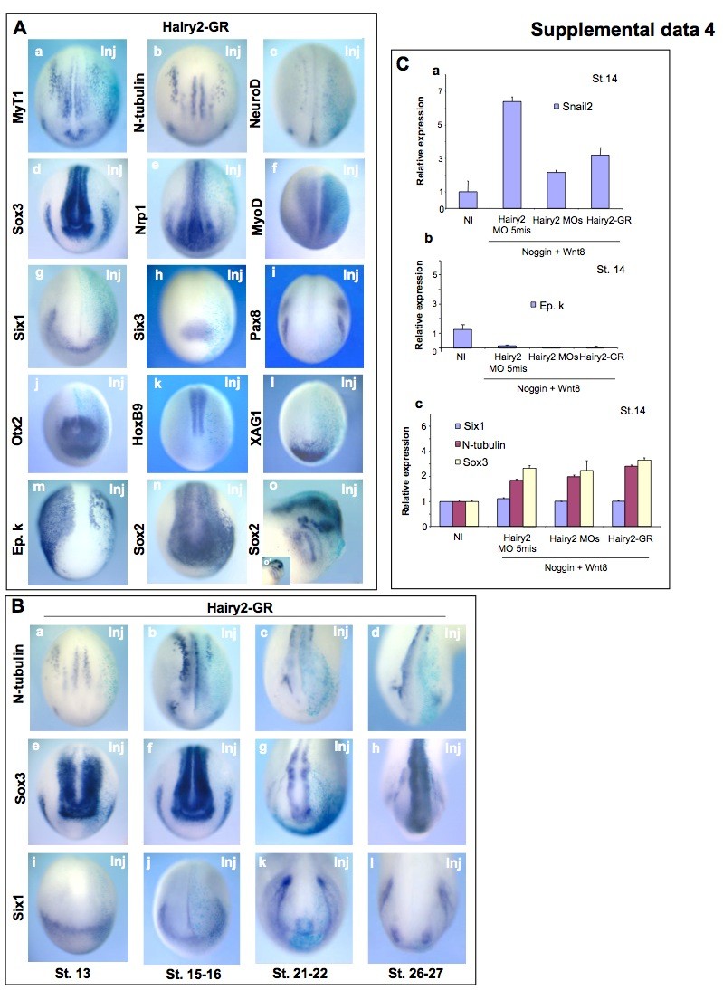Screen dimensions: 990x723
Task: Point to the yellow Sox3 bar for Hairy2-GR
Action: point(643,492)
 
